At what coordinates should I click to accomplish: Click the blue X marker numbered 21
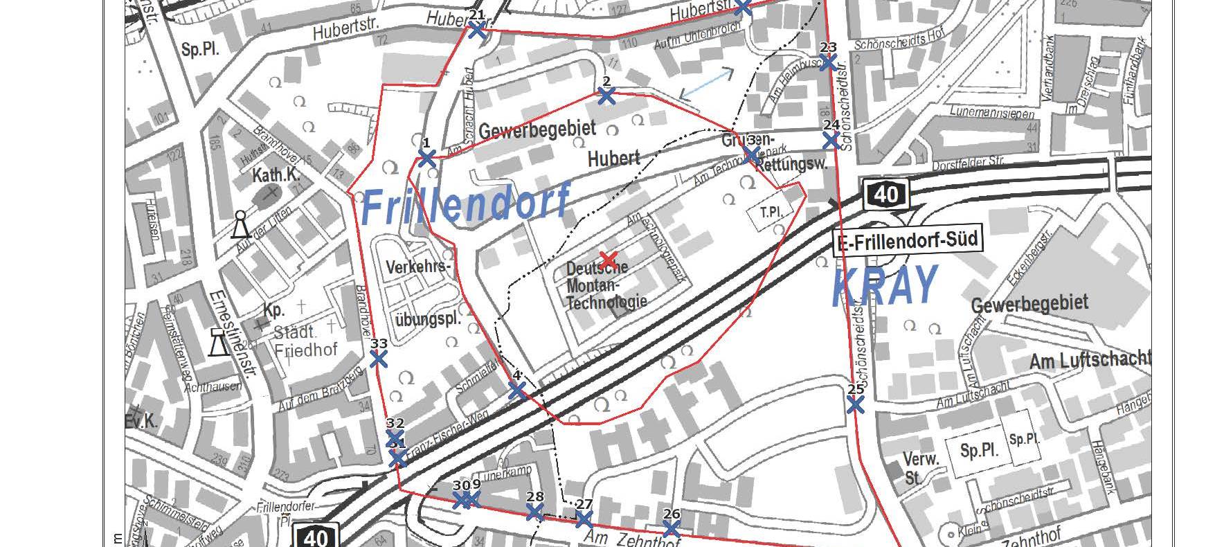pyautogui.click(x=477, y=30)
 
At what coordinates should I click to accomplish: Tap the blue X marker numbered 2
pyautogui.click(x=606, y=96)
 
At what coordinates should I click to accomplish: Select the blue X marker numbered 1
pyautogui.click(x=426, y=159)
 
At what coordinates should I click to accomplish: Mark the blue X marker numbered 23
pyautogui.click(x=828, y=62)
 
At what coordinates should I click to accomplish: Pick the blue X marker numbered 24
pyautogui.click(x=831, y=141)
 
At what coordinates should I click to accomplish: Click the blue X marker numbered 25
pyautogui.click(x=856, y=404)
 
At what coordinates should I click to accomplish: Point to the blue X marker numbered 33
pyautogui.click(x=379, y=359)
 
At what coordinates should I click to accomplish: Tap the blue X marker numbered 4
pyautogui.click(x=516, y=391)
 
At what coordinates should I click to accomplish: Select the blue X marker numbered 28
pyautogui.click(x=534, y=512)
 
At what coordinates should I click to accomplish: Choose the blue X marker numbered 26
pyautogui.click(x=671, y=529)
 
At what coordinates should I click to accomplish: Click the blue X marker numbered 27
pyautogui.click(x=584, y=519)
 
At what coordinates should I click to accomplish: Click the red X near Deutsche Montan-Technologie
pyautogui.click(x=608, y=259)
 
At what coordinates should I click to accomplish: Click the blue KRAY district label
pyautogui.click(x=885, y=286)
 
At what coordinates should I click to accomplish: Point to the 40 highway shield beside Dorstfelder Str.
pyautogui.click(x=885, y=194)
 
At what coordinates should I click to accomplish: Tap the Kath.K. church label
pyautogui.click(x=276, y=176)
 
